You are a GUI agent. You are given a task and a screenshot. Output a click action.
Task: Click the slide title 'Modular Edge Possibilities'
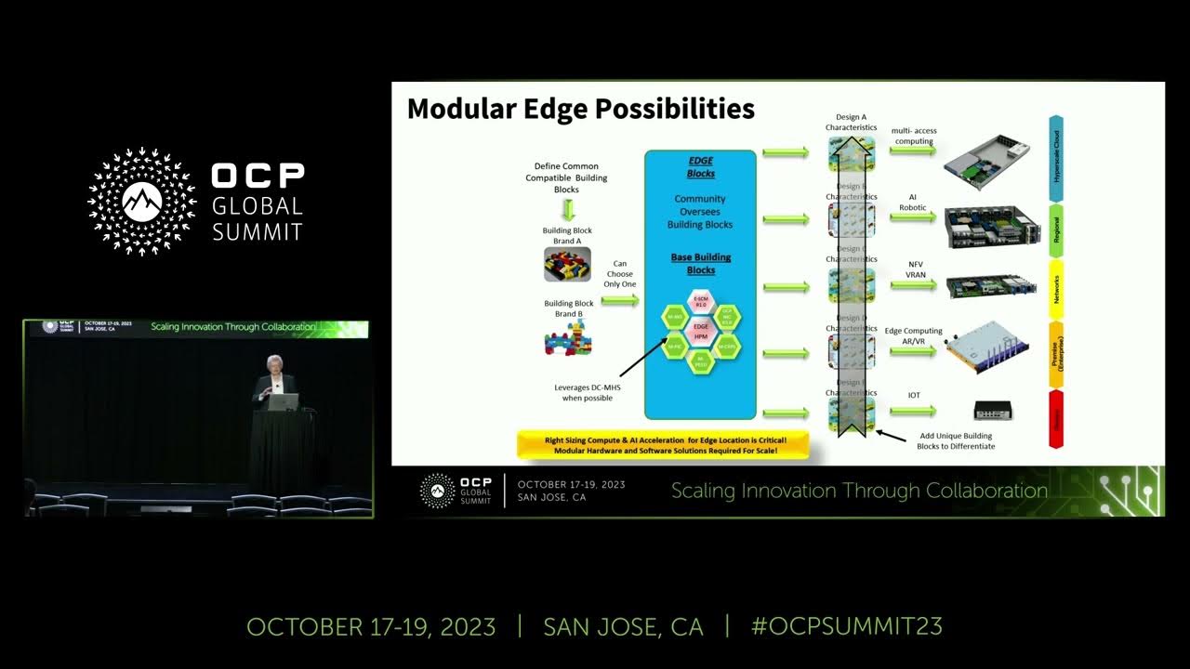(580, 109)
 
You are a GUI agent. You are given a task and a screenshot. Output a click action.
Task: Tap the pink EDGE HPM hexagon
(701, 331)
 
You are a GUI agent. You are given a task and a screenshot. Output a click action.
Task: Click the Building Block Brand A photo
(567, 264)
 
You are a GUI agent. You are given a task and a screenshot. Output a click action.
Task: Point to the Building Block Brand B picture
(568, 337)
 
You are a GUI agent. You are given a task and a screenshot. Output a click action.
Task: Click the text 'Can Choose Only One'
(619, 274)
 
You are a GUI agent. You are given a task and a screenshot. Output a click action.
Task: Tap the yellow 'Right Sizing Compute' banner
(665, 444)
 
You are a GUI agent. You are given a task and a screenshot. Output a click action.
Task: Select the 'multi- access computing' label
(914, 137)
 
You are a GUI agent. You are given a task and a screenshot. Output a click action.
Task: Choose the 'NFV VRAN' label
(915, 270)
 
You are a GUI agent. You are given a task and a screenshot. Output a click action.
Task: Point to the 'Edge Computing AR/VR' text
(913, 336)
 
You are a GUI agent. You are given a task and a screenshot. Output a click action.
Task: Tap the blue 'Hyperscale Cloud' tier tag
(1056, 158)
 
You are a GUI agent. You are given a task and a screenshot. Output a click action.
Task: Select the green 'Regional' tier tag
(1056, 230)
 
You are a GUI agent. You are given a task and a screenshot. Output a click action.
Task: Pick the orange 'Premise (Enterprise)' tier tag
(1056, 353)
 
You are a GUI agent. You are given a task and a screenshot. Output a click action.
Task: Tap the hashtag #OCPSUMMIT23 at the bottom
(846, 626)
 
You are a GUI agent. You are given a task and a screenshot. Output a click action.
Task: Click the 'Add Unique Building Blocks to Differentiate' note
(955, 440)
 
